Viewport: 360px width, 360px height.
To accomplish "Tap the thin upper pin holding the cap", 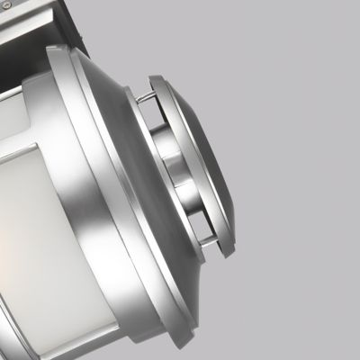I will tap(144, 94).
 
